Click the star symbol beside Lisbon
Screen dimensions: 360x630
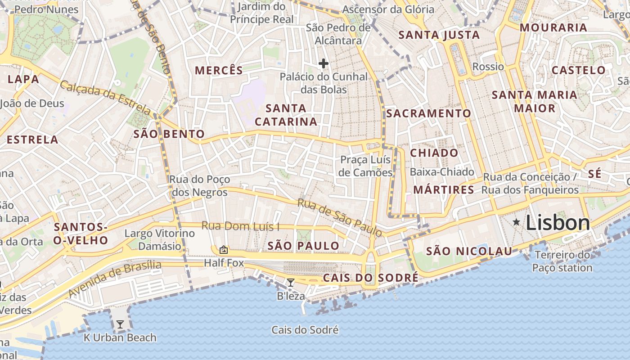click(x=516, y=222)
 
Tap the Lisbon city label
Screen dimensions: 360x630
click(x=558, y=223)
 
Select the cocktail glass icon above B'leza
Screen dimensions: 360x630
click(x=291, y=283)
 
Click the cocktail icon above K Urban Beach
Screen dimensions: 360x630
click(x=120, y=324)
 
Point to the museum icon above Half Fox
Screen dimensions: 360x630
click(x=223, y=250)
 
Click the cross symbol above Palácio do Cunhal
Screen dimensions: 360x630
click(x=323, y=63)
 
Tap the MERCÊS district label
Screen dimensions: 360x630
click(x=219, y=70)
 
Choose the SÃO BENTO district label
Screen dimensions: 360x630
click(x=169, y=134)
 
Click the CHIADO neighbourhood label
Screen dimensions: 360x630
click(x=434, y=153)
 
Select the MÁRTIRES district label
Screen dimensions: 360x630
click(x=444, y=189)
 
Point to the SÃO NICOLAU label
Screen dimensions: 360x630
click(x=469, y=251)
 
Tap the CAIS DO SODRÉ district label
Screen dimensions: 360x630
click(x=371, y=278)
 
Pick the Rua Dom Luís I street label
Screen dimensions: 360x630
click(x=240, y=226)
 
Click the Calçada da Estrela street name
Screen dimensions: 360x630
click(x=105, y=97)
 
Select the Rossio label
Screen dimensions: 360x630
click(x=488, y=67)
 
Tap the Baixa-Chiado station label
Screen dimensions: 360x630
click(x=442, y=171)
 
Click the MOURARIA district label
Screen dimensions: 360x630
click(x=553, y=27)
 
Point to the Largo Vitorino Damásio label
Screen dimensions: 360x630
click(x=160, y=239)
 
